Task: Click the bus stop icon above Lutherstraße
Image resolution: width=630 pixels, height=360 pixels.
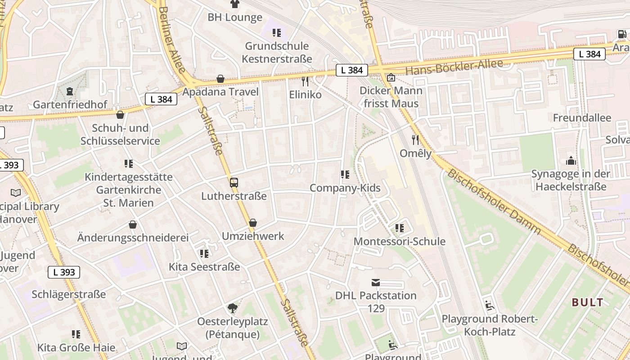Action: coord(234,183)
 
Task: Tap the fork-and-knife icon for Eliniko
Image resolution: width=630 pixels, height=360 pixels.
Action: coord(305,81)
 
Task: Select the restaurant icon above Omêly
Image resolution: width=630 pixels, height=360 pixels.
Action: coord(415,140)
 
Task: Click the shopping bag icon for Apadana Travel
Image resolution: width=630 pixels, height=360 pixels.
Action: coord(220,79)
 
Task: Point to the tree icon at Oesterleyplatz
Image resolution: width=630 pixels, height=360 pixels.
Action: coord(233,308)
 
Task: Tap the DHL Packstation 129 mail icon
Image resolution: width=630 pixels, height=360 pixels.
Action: coord(376,283)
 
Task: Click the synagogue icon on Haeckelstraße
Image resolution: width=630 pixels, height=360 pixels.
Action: coord(571,161)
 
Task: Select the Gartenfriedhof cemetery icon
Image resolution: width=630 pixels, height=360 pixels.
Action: coord(70,92)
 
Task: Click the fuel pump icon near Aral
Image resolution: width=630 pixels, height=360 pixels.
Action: coord(621,34)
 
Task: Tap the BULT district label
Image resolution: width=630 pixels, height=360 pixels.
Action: coord(587,302)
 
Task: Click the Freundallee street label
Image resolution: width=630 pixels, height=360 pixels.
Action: coord(582,118)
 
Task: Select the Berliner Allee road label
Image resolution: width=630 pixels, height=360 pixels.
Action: coord(172,40)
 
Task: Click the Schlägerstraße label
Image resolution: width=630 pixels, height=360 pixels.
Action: coord(69,294)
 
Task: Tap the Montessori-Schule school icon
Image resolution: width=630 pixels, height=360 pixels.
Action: coord(399,228)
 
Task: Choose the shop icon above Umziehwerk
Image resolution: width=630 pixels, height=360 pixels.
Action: coord(253,223)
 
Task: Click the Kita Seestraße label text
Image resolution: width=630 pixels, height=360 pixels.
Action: coord(204,267)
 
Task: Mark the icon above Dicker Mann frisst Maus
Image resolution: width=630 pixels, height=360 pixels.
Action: coord(391,77)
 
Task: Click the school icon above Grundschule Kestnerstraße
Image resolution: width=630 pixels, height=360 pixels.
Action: coord(277,33)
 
